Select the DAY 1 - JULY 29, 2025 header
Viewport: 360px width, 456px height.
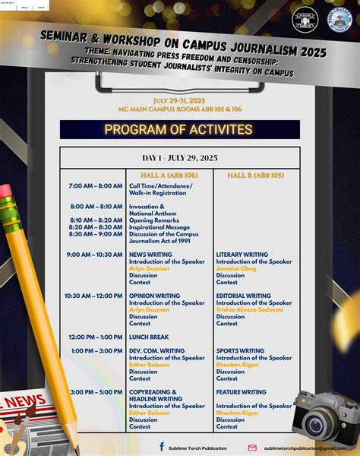coord(180,157)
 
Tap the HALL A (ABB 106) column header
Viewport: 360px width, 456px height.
coord(169,175)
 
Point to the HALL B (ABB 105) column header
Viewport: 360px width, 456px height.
coord(256,175)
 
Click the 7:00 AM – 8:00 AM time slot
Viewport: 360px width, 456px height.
coord(95,185)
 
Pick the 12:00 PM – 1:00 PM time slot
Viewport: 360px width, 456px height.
coord(95,337)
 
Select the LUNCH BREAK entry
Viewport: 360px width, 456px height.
coord(149,337)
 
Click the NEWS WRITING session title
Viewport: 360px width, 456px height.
coord(150,255)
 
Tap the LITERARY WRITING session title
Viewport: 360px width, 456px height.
coord(242,255)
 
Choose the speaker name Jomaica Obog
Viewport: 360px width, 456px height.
coord(235,268)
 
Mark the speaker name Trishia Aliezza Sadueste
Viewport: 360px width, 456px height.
coord(250,309)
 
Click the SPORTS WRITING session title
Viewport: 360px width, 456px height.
coord(240,351)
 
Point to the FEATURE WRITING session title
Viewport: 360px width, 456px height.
coord(242,392)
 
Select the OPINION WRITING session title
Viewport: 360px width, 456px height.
coord(154,296)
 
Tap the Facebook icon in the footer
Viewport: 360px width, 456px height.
coord(162,448)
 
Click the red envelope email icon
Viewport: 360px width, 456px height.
coord(252,448)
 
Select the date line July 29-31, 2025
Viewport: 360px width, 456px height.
coord(179,100)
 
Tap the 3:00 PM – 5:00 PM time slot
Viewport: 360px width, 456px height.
coord(95,392)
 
